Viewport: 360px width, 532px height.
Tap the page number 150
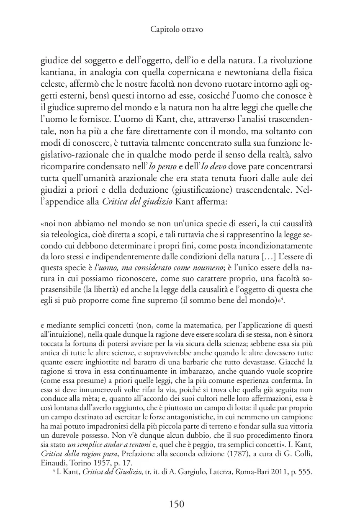[x=176, y=504]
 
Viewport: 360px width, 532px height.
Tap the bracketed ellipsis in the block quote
[x=261, y=256]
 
